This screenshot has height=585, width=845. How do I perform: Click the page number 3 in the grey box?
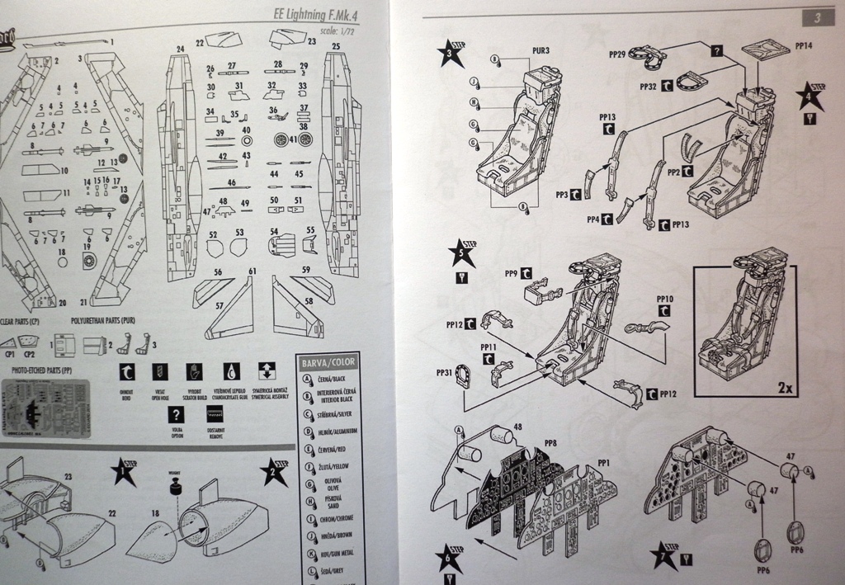(815, 17)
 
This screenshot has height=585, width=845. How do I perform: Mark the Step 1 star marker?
(125, 473)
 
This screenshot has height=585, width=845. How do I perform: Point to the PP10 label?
(665, 298)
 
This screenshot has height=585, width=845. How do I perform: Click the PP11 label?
(488, 347)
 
